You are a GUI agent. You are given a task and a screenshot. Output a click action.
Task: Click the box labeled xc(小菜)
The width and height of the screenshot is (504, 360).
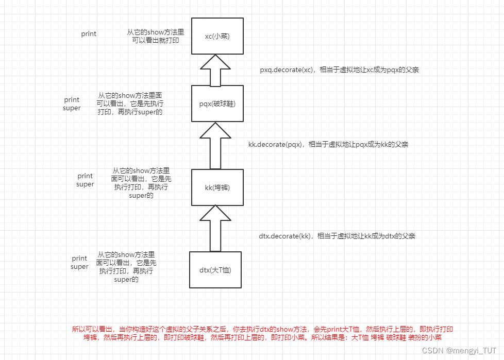coord(216,36)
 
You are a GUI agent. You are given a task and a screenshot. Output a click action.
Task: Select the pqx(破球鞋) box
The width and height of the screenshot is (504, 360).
coord(216,104)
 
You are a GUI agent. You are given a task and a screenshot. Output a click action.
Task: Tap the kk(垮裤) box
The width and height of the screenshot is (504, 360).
coord(217,187)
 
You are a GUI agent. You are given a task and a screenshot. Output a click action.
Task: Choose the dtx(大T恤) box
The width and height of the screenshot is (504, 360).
coord(215,269)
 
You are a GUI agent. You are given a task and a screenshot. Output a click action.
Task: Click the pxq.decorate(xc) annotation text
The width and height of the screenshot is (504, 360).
coord(339,70)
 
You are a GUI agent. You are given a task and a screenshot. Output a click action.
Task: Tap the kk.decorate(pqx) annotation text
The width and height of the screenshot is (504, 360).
coord(328,145)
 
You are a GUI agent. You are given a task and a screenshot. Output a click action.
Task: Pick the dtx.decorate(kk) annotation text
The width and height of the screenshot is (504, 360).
coord(337,236)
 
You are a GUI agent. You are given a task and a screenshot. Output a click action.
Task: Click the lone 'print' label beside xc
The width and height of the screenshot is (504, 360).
coord(89,34)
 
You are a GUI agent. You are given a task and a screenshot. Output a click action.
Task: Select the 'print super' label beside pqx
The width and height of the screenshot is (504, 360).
coord(72,104)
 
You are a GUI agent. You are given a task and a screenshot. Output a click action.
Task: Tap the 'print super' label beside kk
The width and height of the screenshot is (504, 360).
coord(85,180)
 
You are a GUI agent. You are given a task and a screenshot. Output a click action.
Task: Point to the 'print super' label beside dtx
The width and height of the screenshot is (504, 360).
coord(79,263)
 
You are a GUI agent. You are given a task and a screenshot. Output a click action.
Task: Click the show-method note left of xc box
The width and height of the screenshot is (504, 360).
coord(153,36)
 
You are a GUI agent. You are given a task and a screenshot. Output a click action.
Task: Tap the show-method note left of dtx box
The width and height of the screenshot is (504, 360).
coord(126,267)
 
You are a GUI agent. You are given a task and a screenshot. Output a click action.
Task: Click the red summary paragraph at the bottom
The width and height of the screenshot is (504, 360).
coord(263,333)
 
